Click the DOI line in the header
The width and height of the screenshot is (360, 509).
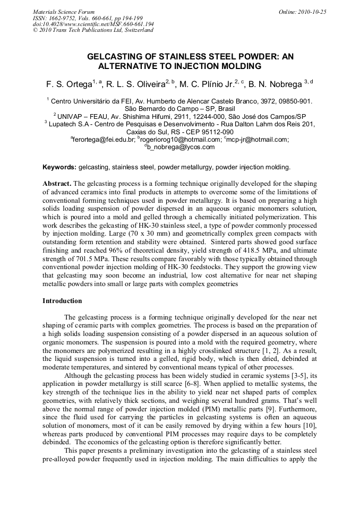coord(93,24)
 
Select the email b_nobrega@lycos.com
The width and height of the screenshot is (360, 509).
coord(181,147)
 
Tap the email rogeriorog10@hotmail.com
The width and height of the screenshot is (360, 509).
coord(180,140)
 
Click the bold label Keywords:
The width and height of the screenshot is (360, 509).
coord(59,167)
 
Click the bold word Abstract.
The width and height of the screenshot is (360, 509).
coord(56,183)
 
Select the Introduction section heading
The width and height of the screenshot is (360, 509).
coord(62,301)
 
